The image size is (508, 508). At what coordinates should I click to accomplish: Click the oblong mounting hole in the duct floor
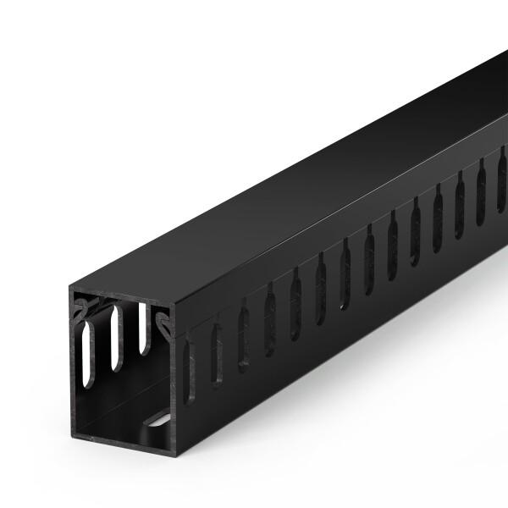coord(157,417)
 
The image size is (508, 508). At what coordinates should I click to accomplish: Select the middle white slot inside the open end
coord(116,338)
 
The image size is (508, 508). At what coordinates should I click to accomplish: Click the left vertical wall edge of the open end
coord(73,364)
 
